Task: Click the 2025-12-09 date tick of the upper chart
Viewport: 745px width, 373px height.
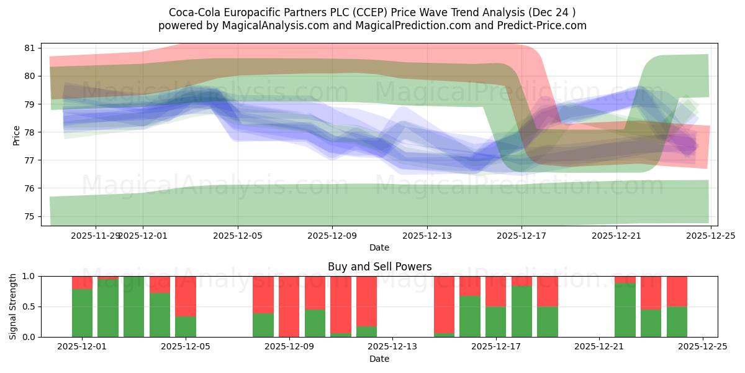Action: [x=332, y=236]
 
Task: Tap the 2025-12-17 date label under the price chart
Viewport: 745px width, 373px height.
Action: [x=521, y=236]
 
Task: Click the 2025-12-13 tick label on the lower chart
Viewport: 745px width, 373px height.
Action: [x=392, y=346]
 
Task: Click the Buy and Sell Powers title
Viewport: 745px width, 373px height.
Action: [x=379, y=267]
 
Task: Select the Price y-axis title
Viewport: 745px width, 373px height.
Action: [x=17, y=134]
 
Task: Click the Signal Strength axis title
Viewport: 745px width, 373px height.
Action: [x=13, y=306]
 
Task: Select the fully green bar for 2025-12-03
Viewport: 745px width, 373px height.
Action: [x=134, y=306]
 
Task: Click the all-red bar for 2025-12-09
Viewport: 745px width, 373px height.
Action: [x=289, y=306]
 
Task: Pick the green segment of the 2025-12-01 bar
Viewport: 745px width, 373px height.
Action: [x=82, y=313]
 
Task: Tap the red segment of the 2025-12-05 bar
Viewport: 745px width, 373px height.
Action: [x=186, y=296]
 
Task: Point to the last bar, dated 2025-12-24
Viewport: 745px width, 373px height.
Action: [x=677, y=306]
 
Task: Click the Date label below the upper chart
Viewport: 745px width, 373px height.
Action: [x=379, y=247]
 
